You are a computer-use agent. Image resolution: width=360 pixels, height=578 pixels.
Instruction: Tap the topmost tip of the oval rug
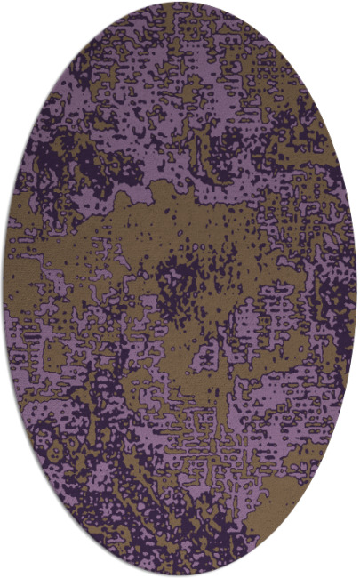tap(180, 3)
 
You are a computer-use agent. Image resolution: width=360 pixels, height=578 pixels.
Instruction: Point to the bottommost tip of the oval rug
tap(180, 575)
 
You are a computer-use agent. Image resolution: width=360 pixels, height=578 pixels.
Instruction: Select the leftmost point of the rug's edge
tap(4, 289)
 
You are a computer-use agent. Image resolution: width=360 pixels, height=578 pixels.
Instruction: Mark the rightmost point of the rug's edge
tap(356, 289)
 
